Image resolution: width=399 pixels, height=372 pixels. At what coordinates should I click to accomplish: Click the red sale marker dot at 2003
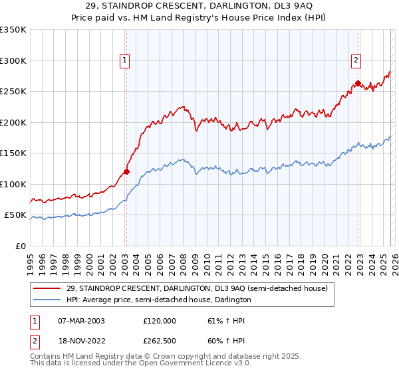(126, 171)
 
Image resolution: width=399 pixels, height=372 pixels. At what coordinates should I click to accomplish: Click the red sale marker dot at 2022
(358, 84)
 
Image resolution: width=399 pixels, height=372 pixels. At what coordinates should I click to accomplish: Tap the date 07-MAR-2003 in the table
(81, 320)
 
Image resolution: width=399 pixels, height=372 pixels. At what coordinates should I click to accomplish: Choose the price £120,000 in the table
(160, 320)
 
